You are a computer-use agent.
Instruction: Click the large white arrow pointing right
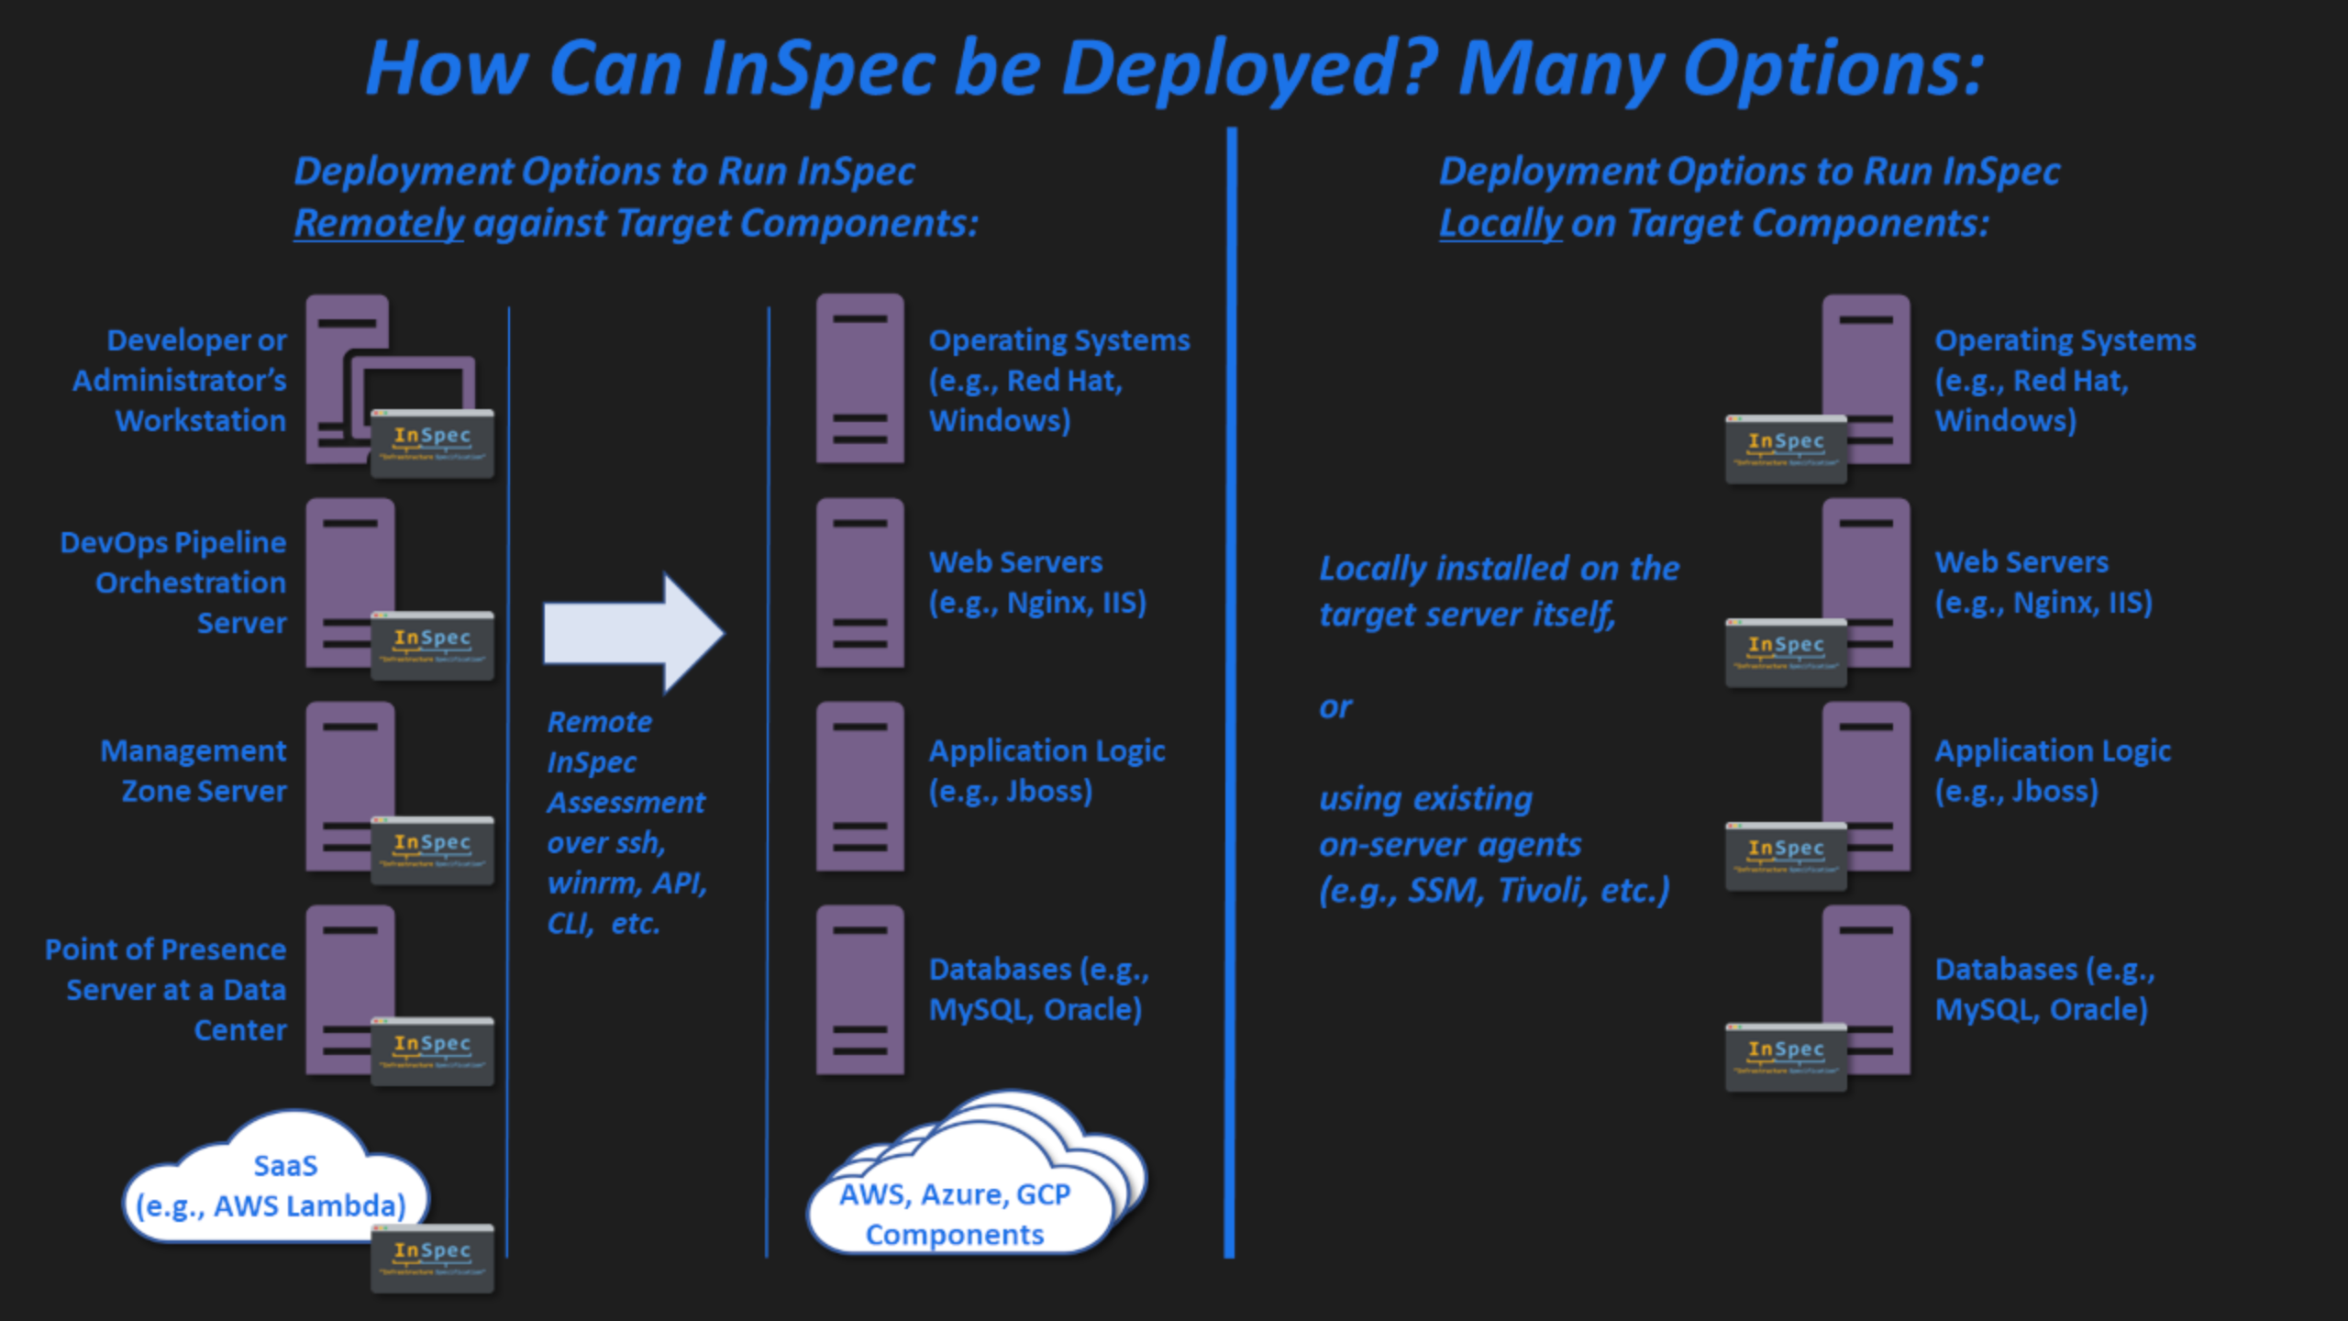point(633,632)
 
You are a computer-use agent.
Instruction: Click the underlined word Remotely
point(379,223)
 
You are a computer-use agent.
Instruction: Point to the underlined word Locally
point(1500,223)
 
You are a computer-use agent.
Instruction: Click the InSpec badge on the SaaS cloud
point(432,1258)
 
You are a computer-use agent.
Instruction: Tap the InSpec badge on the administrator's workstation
point(432,443)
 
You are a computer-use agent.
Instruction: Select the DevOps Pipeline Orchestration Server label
point(173,583)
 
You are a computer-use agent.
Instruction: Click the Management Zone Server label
point(194,771)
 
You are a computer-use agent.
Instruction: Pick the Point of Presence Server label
point(166,989)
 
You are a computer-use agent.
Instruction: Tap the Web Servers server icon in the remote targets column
point(859,583)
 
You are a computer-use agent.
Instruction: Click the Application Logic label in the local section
point(2053,771)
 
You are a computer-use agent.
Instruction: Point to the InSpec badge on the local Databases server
point(1785,1057)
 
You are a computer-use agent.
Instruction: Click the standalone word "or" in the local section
point(1335,707)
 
